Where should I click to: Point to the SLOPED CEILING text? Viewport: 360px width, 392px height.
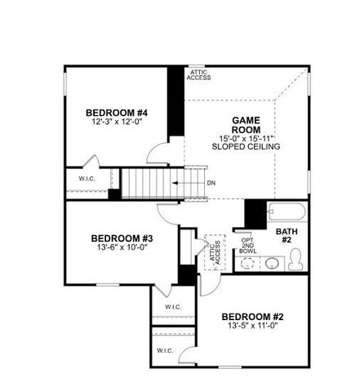[x=245, y=146]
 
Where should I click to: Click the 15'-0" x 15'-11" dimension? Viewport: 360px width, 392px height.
[x=245, y=138]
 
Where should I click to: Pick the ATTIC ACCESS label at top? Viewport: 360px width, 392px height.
[x=200, y=75]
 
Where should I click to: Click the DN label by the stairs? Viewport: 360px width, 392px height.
[x=211, y=183]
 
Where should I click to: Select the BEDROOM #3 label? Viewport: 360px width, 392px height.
[x=122, y=238]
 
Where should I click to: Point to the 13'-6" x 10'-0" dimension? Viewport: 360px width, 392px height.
[x=122, y=248]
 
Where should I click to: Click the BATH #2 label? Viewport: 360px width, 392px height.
[x=286, y=236]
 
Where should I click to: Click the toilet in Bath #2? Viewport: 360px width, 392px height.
[x=296, y=261]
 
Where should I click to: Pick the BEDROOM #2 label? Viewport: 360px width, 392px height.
[x=252, y=316]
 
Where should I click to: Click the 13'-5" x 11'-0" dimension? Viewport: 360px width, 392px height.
[x=252, y=327]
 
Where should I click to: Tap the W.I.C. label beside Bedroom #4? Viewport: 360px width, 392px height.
[x=88, y=179]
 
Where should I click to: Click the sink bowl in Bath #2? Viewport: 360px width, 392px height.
[x=270, y=263]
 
